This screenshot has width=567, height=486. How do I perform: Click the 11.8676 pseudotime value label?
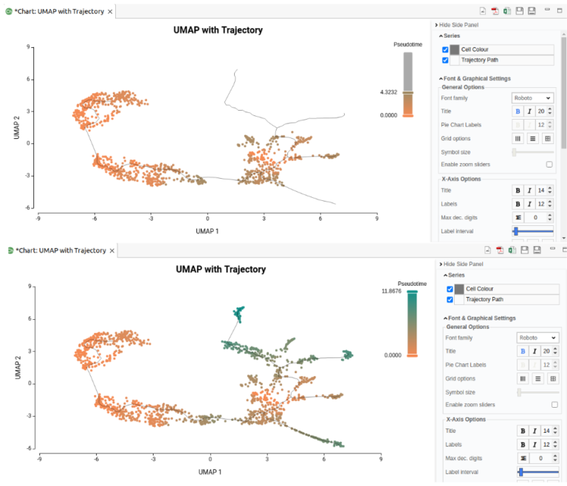point(391,291)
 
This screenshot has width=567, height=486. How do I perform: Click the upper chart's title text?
point(218,30)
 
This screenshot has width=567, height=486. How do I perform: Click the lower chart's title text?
point(221,270)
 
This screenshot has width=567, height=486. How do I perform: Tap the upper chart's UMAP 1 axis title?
point(207,231)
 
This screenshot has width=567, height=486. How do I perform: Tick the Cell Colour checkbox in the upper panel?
point(445,49)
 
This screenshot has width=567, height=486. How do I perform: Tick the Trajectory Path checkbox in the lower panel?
point(450,300)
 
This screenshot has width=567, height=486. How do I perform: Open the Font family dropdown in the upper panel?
point(532,97)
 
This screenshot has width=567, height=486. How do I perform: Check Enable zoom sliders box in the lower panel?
point(554,405)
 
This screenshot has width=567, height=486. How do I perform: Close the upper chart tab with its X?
point(110,12)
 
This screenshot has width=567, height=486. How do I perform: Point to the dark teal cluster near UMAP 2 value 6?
point(238,314)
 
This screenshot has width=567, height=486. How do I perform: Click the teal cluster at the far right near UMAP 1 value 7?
point(347,355)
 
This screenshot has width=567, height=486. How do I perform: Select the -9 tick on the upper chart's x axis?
point(38,218)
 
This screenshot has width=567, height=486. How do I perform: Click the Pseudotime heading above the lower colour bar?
point(412,284)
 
